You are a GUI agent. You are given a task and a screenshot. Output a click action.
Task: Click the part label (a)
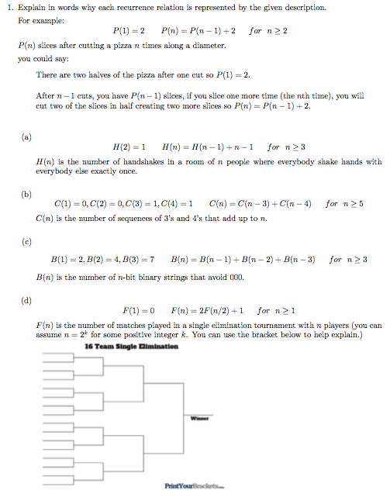pos(26,136)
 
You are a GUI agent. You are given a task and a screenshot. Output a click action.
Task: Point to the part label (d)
pos(26,296)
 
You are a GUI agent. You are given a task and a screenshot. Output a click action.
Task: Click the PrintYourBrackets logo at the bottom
pos(194,485)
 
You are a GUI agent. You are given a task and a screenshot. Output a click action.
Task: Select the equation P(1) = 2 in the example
pos(129,32)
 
